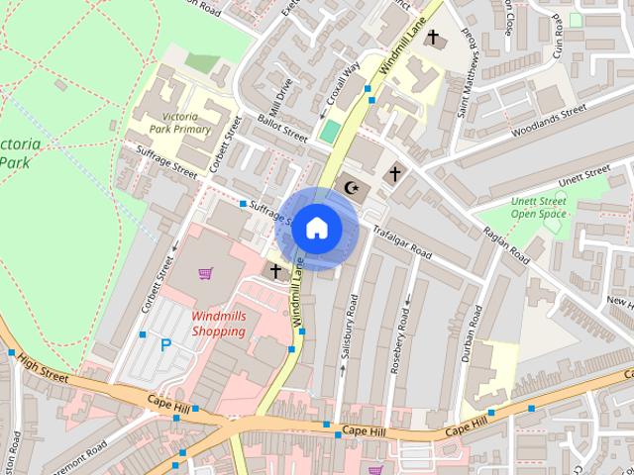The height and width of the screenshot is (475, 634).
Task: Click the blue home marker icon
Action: (x=316, y=228)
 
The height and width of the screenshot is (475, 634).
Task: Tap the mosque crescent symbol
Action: (x=349, y=186)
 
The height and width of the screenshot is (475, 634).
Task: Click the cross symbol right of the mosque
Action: (x=394, y=174)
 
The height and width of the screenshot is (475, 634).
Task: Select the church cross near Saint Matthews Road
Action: (x=432, y=38)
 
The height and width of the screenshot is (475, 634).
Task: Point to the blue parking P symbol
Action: (x=165, y=345)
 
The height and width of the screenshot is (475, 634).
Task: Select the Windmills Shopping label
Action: (x=218, y=324)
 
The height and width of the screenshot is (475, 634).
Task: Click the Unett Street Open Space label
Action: (x=538, y=207)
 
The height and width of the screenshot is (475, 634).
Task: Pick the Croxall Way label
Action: (x=344, y=87)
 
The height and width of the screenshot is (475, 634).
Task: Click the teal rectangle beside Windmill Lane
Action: (x=328, y=132)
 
